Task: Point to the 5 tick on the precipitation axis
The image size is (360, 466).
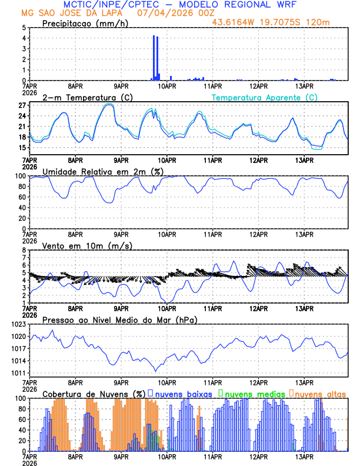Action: tap(24, 28)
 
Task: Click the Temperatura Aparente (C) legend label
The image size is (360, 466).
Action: tap(264, 97)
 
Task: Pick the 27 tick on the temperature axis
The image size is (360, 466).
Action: tap(22, 105)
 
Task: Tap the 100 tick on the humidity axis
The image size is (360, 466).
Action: tap(20, 176)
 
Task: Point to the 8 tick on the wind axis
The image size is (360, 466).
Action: tap(24, 250)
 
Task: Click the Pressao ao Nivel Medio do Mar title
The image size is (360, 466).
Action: tap(119, 319)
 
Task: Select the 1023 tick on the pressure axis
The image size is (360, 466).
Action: tap(18, 324)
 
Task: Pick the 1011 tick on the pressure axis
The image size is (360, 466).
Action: tap(18, 373)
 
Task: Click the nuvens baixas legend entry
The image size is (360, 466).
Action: tap(183, 393)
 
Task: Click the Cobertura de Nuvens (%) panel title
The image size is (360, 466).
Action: tap(94, 393)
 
